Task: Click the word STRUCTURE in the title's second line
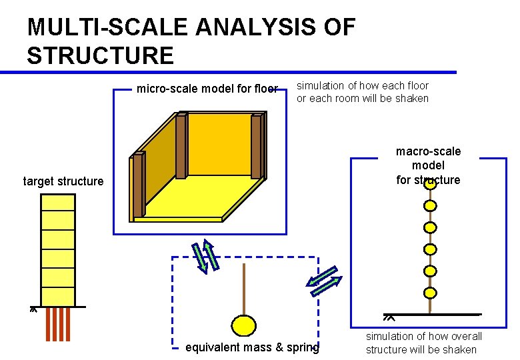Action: tap(100, 55)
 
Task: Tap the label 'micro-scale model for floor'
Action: tap(207, 89)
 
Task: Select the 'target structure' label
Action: tap(63, 181)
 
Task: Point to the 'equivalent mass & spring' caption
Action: tap(252, 347)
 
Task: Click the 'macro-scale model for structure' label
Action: tap(428, 165)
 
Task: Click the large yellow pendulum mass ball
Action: tap(244, 325)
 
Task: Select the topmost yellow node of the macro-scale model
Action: tap(431, 185)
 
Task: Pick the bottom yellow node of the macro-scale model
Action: tap(431, 293)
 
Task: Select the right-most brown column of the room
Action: tap(257, 147)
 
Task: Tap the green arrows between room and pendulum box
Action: tap(206, 256)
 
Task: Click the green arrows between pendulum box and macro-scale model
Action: tap(324, 281)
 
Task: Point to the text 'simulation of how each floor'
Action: tap(362, 85)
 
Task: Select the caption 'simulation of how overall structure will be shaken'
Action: tap(423, 343)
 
